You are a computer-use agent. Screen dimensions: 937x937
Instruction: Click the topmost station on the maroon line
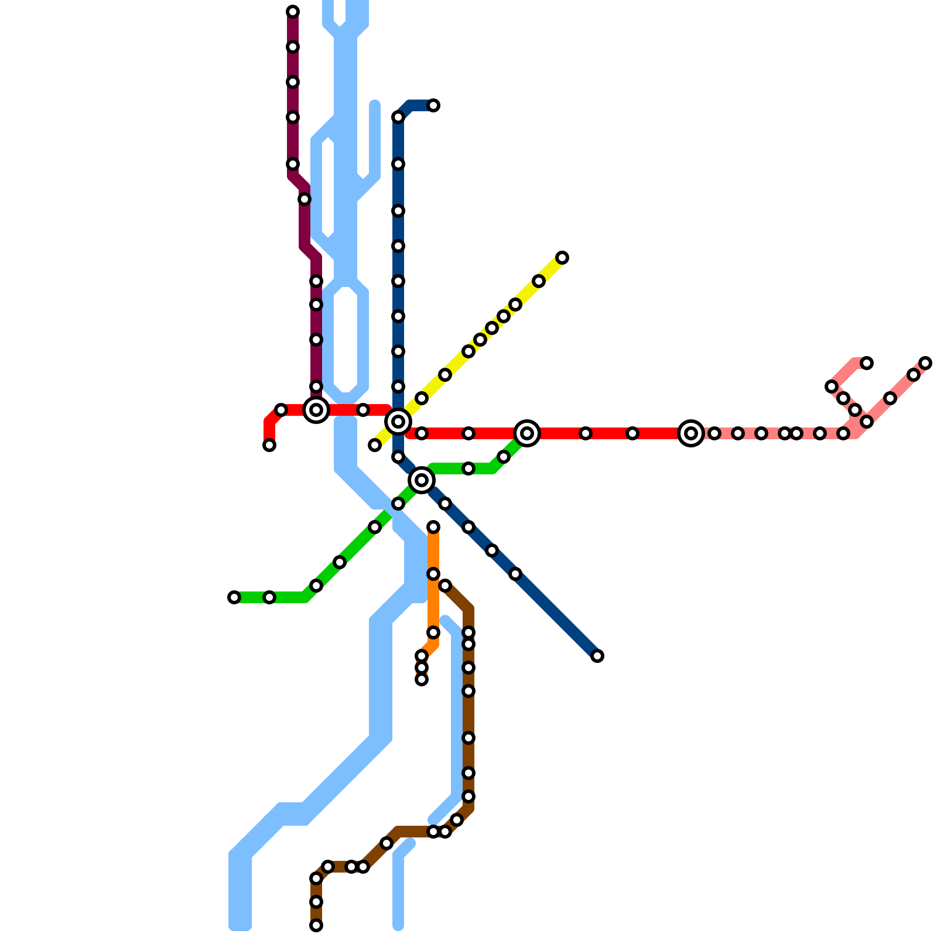pos(293,12)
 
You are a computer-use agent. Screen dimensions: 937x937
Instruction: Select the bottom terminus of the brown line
pos(316,925)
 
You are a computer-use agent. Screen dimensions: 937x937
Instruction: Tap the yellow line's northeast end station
pos(562,258)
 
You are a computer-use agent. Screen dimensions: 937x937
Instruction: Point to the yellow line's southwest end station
pos(375,445)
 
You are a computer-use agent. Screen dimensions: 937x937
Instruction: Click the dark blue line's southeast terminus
pos(597,656)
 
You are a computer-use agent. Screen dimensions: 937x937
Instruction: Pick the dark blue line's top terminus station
pos(433,105)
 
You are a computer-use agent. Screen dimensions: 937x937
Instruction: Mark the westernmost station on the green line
pos(234,597)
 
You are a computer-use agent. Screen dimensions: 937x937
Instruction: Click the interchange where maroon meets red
pos(316,410)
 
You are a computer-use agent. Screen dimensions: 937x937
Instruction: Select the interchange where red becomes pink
pos(691,433)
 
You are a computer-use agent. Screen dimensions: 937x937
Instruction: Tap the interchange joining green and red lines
pos(527,433)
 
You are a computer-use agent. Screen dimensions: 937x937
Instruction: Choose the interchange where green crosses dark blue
pos(422,480)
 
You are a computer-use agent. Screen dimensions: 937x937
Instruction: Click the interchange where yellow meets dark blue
pos(398,422)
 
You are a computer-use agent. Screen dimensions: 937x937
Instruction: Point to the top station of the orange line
pos(433,527)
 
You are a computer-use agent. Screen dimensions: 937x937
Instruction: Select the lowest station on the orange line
pos(422,679)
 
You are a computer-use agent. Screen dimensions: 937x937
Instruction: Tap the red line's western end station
pos(269,445)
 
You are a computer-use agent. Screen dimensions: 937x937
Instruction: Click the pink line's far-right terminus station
pos(925,363)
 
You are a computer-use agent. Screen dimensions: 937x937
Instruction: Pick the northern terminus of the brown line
pos(445,586)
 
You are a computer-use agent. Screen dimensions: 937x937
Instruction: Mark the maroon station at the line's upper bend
pos(305,199)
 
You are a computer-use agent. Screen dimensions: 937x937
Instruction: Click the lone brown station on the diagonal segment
pos(387,843)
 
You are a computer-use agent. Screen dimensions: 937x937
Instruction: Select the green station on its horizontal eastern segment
pos(468,468)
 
